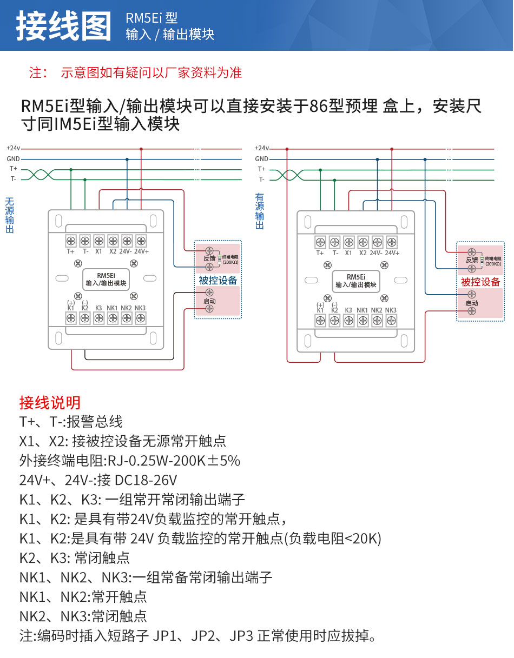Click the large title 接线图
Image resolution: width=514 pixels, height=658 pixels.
(x=63, y=26)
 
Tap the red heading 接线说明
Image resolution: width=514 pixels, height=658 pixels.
(x=50, y=402)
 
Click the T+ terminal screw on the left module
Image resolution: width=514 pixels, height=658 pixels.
(x=70, y=241)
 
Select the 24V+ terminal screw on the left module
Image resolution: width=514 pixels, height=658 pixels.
(x=141, y=241)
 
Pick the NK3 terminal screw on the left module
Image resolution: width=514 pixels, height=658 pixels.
(x=140, y=318)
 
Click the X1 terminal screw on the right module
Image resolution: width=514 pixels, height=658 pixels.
(x=348, y=242)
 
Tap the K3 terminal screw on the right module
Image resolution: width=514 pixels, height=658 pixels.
(x=348, y=321)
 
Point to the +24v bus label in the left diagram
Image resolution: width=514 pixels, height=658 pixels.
(x=13, y=148)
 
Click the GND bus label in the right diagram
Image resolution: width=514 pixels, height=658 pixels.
(x=261, y=159)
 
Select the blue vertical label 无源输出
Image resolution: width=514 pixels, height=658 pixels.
(x=9, y=215)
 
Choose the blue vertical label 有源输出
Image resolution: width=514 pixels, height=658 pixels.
(x=260, y=211)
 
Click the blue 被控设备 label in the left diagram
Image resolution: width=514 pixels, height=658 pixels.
(x=218, y=281)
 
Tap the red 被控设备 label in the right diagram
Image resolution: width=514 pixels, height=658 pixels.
(x=480, y=282)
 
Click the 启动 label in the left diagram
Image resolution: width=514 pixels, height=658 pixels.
(x=209, y=301)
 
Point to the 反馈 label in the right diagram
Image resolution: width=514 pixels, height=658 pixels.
(x=472, y=261)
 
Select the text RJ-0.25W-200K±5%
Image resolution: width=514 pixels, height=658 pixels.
(x=174, y=461)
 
